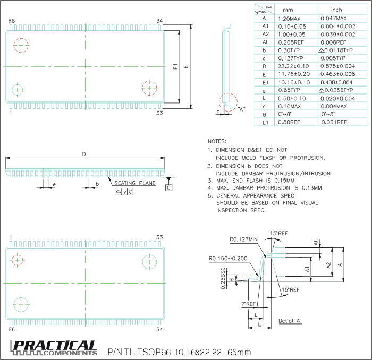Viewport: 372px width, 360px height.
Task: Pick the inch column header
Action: pyautogui.click(x=336, y=10)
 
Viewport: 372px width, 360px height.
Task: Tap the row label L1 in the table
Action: pyautogui.click(x=264, y=122)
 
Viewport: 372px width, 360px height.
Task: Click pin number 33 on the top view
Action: pyautogui.click(x=159, y=113)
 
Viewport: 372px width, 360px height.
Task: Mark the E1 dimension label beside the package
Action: pyautogui.click(x=175, y=67)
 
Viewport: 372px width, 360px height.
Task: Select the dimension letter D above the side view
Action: pyautogui.click(x=83, y=154)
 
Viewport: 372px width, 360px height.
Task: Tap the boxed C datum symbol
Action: pyautogui.click(x=168, y=188)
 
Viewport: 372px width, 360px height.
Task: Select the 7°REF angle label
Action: pyautogui.click(x=249, y=304)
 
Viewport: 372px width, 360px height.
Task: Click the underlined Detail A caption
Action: pyautogui.click(x=290, y=321)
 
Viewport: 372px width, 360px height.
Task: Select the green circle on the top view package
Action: pyautogui.click(x=17, y=90)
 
